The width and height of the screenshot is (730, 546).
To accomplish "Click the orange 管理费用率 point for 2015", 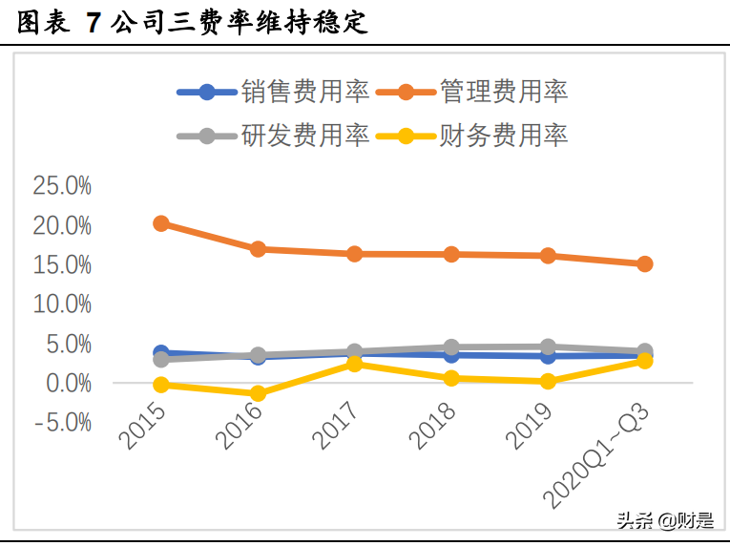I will coord(161,223).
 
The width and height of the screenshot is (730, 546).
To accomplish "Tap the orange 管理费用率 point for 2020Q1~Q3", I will coord(644,263).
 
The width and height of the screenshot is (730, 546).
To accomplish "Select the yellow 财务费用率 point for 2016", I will coord(258,393).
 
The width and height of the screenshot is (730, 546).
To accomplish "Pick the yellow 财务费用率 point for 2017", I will coord(354,364).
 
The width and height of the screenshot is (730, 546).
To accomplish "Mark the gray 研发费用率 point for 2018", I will coord(451,347).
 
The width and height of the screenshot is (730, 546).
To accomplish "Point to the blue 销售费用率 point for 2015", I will coord(161,353).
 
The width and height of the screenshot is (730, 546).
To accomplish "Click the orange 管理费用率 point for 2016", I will coord(258,249).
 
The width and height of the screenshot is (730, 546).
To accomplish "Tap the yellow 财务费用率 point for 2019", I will coord(548,381).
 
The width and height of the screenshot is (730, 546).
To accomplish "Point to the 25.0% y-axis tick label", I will coord(62,186).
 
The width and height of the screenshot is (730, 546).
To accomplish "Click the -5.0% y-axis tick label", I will coord(62,422).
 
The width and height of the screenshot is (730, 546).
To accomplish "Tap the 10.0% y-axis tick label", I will coord(62,304).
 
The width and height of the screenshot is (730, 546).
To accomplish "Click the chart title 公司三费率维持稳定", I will coord(239,23).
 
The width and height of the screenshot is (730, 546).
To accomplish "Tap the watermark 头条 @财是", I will coord(664,521).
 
